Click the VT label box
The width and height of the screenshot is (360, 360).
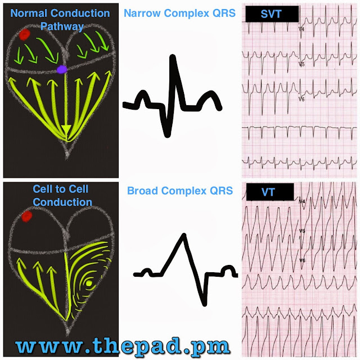pos(269,192)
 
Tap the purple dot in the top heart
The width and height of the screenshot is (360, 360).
pos(61,69)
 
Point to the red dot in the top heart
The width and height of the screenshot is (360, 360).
pos(24,35)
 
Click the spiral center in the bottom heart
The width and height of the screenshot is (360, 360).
pos(88,283)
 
